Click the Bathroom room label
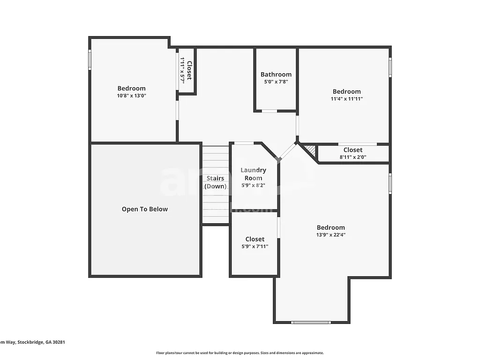pos(276,75)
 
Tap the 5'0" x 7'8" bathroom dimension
pos(276,82)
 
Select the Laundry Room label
pos(254,174)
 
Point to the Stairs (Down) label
pos(215,182)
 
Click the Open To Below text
pos(144,210)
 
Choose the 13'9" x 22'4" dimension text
pos(330,235)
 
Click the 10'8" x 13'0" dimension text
pos(131,96)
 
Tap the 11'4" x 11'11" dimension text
pos(347,99)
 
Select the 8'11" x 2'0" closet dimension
pos(352,157)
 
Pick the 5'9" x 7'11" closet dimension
pos(255,247)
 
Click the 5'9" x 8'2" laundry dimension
pos(254,186)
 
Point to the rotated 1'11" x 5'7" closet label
pos(186,71)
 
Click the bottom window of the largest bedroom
pos(311,322)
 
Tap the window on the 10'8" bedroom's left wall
pos(90,60)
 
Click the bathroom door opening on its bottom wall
pos(269,111)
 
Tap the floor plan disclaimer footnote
pos(240,353)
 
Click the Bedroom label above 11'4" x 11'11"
pos(347,91)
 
